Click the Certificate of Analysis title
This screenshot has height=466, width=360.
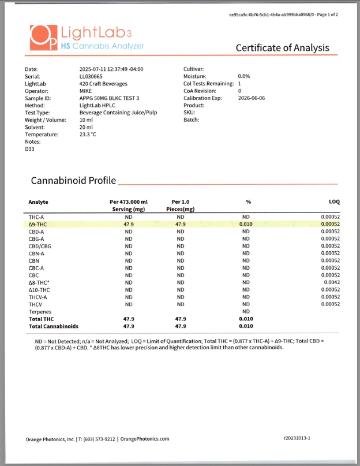[282, 48]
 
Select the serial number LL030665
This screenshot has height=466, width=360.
[92, 76]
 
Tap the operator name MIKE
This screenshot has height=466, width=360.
[86, 91]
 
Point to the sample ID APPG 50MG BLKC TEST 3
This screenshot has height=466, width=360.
[110, 98]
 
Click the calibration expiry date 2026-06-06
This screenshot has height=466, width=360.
[252, 98]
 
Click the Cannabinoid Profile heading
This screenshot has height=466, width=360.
[73, 181]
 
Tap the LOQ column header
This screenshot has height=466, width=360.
[334, 202]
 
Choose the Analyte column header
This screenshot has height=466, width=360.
[38, 202]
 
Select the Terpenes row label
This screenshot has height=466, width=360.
[40, 311]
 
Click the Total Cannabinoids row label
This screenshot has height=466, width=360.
[53, 326]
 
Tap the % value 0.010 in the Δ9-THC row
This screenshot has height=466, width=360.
[246, 224]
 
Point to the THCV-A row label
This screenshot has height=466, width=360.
[38, 297]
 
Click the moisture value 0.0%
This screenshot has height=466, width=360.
[243, 76]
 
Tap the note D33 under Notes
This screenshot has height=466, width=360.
[30, 148]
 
